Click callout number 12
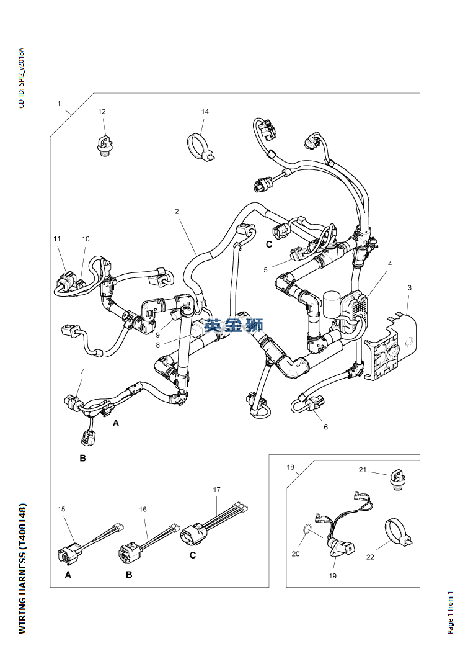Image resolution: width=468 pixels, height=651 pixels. (102, 111)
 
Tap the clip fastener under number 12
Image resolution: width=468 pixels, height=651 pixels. (104, 146)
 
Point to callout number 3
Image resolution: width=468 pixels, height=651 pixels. (410, 287)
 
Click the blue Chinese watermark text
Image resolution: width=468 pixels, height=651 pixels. (233, 325)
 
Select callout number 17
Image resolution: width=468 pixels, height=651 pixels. (217, 490)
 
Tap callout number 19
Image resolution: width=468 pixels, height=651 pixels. (332, 576)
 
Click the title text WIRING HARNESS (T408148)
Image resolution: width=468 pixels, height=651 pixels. (22, 568)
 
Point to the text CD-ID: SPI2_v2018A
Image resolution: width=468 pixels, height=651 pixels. (21, 78)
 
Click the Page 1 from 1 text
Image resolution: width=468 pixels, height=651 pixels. (450, 613)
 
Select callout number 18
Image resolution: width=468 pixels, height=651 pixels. (291, 467)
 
